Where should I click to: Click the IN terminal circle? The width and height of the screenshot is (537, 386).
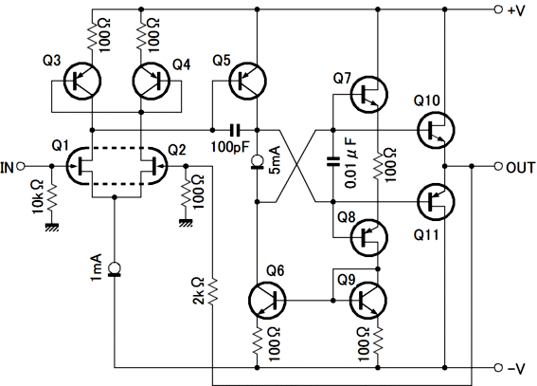click(21, 166)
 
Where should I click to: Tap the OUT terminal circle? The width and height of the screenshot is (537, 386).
click(498, 166)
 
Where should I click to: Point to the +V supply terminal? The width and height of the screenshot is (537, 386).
click(498, 9)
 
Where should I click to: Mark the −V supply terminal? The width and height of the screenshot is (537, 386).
click(498, 368)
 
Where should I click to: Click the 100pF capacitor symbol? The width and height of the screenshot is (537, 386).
click(235, 130)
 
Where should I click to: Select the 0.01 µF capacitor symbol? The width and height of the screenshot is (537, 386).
click(332, 161)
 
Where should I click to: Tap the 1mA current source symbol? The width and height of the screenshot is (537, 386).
click(114, 269)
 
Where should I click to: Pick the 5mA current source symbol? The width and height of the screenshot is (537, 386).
click(257, 162)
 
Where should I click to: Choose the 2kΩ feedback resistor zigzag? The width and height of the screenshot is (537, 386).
click(213, 291)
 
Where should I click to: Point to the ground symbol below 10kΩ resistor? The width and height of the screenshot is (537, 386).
click(52, 227)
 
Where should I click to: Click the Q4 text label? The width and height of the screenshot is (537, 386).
click(182, 64)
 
